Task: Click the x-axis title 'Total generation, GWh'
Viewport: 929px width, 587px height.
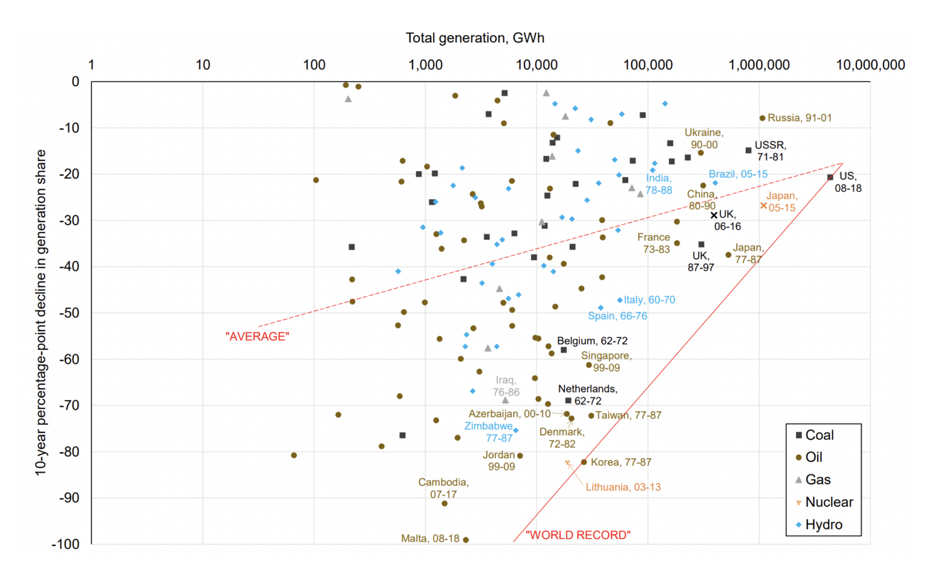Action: pyautogui.click(x=475, y=38)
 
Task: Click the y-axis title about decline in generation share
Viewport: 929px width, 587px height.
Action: pyautogui.click(x=41, y=312)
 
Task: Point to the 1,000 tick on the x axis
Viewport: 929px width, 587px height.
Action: pyautogui.click(x=425, y=65)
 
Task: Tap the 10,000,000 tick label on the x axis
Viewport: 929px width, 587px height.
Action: pyautogui.click(x=870, y=65)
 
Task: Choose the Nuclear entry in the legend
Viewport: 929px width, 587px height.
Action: pyautogui.click(x=829, y=502)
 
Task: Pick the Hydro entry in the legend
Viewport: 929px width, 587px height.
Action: pyautogui.click(x=823, y=525)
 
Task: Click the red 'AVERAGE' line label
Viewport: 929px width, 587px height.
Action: pyautogui.click(x=257, y=336)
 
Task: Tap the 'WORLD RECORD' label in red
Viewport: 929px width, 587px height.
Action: pyautogui.click(x=578, y=535)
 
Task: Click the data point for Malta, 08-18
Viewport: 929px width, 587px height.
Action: pyautogui.click(x=466, y=540)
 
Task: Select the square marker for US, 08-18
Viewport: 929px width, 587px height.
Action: pyautogui.click(x=830, y=177)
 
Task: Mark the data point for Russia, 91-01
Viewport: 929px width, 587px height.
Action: pyautogui.click(x=762, y=118)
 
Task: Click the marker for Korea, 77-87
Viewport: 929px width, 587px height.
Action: pyautogui.click(x=584, y=462)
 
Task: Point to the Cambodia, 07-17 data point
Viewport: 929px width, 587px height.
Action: pyautogui.click(x=445, y=503)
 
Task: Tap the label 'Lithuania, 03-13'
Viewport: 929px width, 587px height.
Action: pyautogui.click(x=623, y=487)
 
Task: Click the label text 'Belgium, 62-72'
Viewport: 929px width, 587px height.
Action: pyautogui.click(x=592, y=341)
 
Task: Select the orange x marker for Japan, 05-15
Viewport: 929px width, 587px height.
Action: pyautogui.click(x=763, y=206)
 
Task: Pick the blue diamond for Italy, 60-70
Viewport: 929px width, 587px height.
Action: pyautogui.click(x=620, y=300)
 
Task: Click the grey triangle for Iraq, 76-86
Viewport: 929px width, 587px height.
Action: pyautogui.click(x=506, y=400)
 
